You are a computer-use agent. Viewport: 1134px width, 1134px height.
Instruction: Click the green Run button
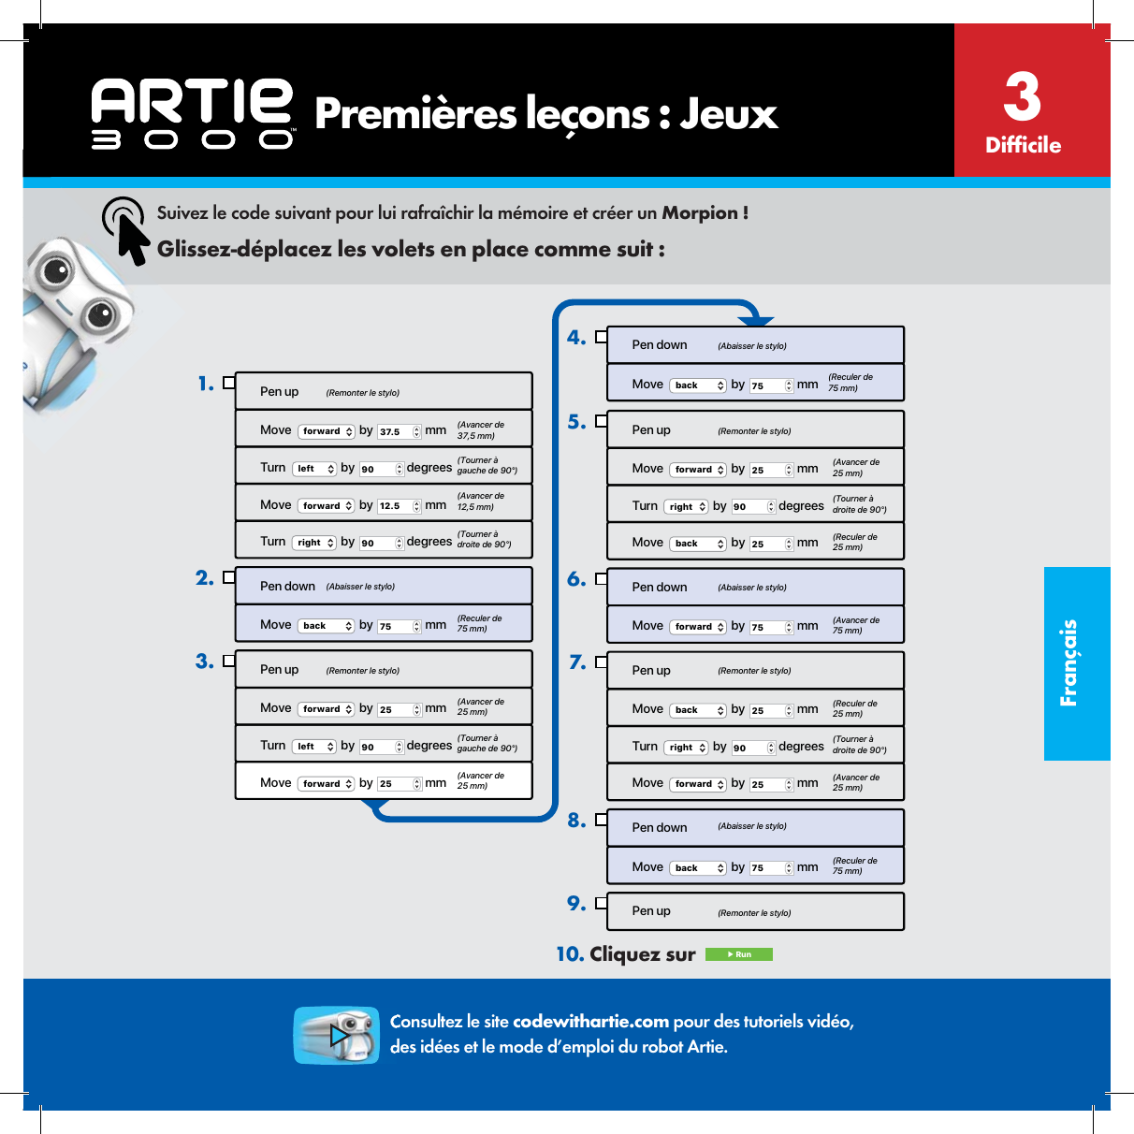[738, 954]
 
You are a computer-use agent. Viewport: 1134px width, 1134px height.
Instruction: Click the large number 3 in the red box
[1022, 96]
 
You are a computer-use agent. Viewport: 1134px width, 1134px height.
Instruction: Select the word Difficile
[1023, 145]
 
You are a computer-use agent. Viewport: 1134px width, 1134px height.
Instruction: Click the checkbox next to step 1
[228, 383]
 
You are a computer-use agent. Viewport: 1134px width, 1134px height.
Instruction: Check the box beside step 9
[601, 903]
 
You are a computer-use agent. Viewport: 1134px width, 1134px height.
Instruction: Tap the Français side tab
[1076, 663]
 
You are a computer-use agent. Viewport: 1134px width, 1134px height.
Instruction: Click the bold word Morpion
[700, 213]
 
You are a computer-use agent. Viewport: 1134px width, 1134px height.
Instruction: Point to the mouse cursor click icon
[127, 228]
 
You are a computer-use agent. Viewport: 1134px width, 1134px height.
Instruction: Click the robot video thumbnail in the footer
[336, 1035]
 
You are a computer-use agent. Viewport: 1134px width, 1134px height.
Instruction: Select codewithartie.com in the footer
[590, 1022]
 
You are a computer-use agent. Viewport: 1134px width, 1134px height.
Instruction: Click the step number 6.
[575, 579]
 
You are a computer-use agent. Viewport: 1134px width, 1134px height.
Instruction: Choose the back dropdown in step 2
[326, 626]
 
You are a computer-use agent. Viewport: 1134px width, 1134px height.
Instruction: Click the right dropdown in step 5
[686, 507]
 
